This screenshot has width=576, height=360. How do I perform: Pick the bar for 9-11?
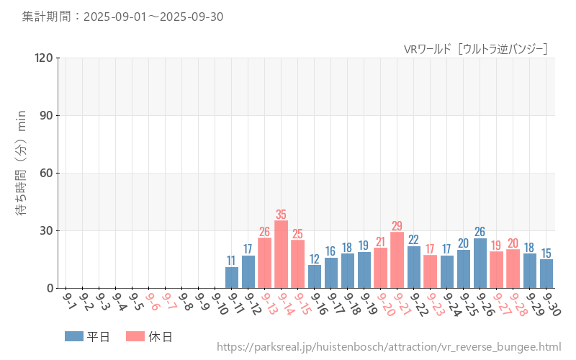tap(231, 277)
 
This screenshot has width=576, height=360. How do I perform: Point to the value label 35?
tap(281, 215)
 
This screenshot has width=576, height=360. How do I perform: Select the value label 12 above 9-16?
tap(315, 259)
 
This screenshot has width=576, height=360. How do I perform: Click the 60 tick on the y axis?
tap(46, 173)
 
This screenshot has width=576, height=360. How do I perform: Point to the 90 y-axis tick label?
tap(46, 115)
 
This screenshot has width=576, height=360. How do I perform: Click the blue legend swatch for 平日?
tap(74, 336)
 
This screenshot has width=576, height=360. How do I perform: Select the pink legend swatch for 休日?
tap(135, 336)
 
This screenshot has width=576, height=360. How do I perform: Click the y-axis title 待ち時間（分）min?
tap(22, 173)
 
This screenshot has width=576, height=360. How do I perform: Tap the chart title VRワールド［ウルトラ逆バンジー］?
tap(475, 49)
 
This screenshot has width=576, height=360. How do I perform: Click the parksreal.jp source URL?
tap(388, 347)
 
